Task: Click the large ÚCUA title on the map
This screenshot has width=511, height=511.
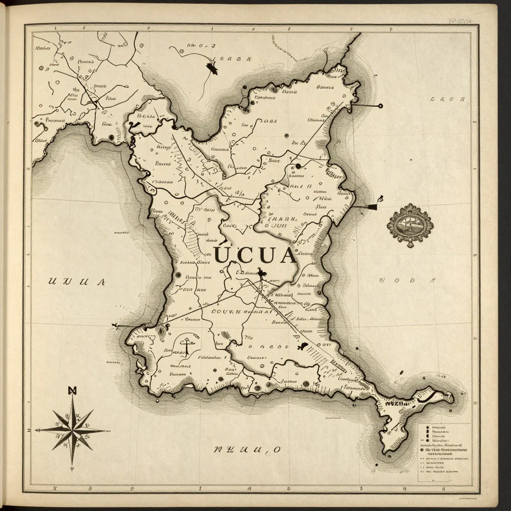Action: click(x=255, y=255)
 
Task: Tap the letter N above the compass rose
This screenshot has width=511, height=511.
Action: click(x=72, y=390)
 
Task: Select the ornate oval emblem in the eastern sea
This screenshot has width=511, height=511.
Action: click(x=410, y=225)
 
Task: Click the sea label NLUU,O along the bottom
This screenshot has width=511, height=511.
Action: click(x=247, y=450)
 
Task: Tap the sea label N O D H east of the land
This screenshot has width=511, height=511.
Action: click(x=404, y=280)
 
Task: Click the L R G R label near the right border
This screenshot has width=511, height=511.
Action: click(x=448, y=99)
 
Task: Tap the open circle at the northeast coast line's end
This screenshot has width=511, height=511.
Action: click(x=380, y=106)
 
